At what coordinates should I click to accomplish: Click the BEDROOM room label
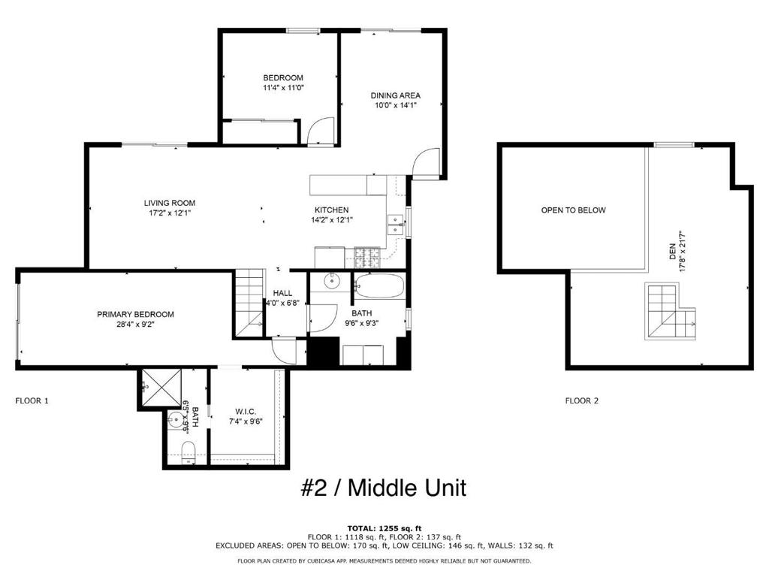[x=283, y=78]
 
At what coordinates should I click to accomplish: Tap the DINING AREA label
[x=395, y=95]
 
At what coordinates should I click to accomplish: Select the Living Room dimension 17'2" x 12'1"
[x=170, y=213]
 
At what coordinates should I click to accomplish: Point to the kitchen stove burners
[x=369, y=258]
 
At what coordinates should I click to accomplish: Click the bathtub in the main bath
[x=379, y=286]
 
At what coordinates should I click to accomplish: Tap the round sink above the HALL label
[x=333, y=282]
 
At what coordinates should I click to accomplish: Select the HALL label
[x=282, y=293]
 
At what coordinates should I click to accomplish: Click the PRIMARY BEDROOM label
[x=135, y=314]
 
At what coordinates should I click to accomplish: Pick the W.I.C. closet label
[x=246, y=411]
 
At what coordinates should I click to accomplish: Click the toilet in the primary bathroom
[x=188, y=452]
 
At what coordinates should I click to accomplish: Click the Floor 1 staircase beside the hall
[x=248, y=304]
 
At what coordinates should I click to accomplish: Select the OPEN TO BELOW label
[x=573, y=210]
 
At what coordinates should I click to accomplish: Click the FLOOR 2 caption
[x=582, y=401]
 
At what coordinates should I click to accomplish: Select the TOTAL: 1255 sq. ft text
[x=384, y=528]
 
